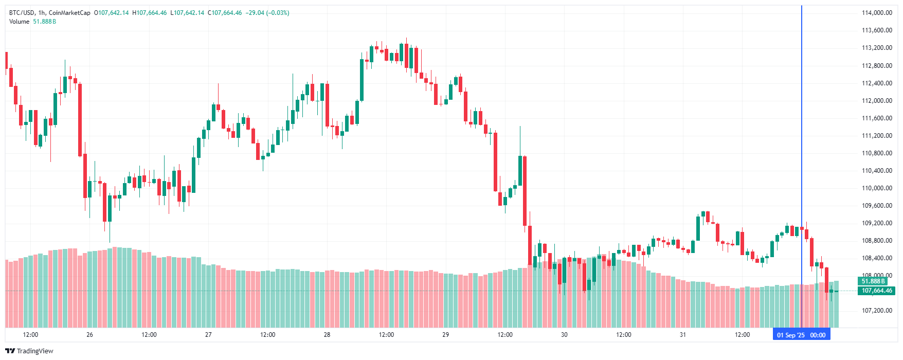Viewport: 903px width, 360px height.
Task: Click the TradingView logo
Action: [x=29, y=351]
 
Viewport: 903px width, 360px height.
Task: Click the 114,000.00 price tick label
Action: [x=877, y=13]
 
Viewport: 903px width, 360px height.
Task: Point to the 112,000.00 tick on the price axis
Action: [x=877, y=101]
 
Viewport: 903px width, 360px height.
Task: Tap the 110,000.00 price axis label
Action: [x=877, y=188]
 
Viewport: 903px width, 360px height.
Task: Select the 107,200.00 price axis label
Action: [x=877, y=311]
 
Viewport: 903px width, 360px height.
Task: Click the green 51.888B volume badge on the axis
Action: [x=873, y=281]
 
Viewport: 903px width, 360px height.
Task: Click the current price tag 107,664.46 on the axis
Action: [x=876, y=291]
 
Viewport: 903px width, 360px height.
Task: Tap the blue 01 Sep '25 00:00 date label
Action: [x=801, y=335]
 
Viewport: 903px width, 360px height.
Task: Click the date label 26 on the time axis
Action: [x=89, y=335]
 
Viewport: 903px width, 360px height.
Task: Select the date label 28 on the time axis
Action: [x=327, y=335]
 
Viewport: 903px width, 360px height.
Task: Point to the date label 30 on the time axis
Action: [x=564, y=335]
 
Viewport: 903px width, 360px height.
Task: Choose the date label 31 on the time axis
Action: [x=682, y=335]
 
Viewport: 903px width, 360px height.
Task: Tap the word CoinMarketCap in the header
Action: [x=69, y=13]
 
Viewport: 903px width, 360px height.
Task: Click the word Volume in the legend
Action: [x=19, y=22]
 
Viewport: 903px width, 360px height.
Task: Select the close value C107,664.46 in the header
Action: [x=225, y=13]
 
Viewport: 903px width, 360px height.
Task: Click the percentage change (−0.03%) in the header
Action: [x=278, y=13]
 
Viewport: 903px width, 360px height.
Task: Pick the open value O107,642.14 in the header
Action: [x=111, y=13]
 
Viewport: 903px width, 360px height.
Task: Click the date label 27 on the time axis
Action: [x=208, y=335]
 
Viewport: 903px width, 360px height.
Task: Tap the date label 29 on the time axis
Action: [x=445, y=335]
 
